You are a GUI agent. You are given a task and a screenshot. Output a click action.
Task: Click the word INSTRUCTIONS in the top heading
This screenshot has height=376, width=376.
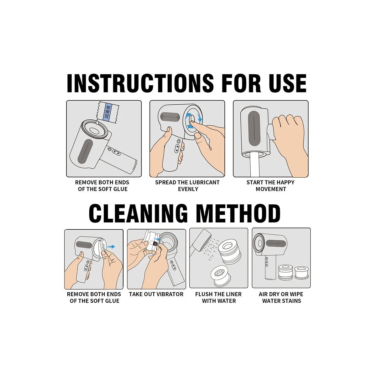(x=140, y=83)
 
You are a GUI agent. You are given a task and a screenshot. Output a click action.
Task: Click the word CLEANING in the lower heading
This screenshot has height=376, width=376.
(x=138, y=213)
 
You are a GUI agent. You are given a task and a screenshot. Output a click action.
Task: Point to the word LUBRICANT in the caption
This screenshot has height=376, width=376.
(x=201, y=182)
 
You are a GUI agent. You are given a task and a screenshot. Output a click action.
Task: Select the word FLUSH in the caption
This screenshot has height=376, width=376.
(x=204, y=294)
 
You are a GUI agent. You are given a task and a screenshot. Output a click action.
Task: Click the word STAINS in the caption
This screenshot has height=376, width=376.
(x=291, y=301)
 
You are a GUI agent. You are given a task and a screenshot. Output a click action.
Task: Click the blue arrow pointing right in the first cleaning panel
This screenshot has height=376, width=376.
(x=111, y=247)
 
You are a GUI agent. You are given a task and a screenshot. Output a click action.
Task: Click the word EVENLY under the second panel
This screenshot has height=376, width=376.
(x=188, y=189)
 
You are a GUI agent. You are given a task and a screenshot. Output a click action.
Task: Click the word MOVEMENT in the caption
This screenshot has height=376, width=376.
(x=271, y=189)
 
